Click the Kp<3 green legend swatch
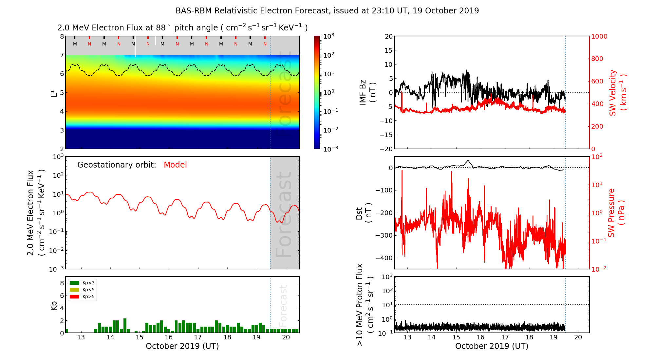tap(74, 283)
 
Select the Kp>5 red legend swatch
tap(74, 297)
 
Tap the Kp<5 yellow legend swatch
tap(74, 290)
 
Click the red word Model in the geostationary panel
tap(175, 165)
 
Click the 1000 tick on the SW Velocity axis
tap(599, 36)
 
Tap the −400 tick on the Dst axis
tap(384, 258)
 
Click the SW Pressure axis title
tap(616, 213)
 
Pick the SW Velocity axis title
tap(617, 93)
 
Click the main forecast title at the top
tap(327, 11)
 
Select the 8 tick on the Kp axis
tap(62, 283)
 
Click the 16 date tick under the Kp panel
tap(169, 337)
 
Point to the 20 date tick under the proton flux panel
tap(578, 337)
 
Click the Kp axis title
tap(54, 306)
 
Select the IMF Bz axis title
tap(367, 93)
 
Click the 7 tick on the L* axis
tap(62, 55)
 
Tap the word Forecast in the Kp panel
tap(283, 306)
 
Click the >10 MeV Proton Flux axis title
tap(364, 305)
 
